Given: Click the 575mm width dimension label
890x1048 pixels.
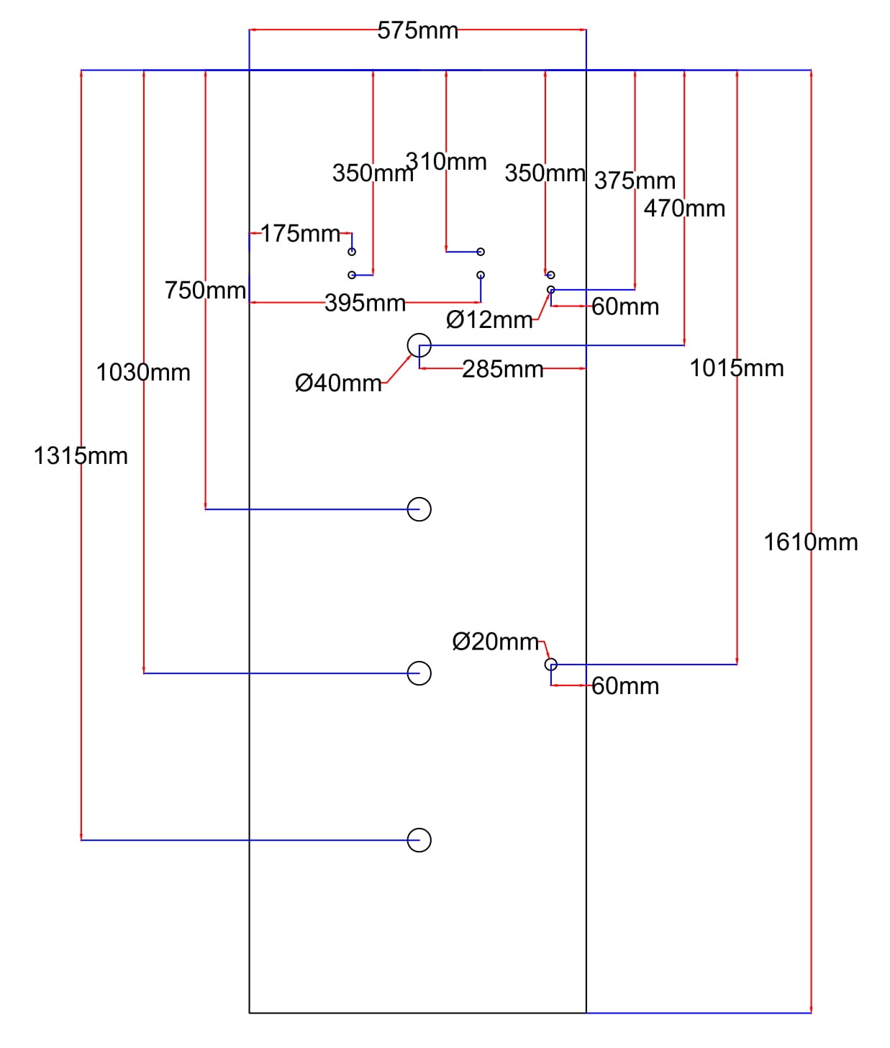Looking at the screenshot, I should click(417, 31).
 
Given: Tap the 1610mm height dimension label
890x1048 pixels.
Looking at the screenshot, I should click(810, 542).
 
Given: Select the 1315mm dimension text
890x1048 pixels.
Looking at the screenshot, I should click(81, 455).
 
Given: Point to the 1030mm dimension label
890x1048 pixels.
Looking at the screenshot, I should click(143, 373).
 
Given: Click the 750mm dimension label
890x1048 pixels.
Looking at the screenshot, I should click(205, 290).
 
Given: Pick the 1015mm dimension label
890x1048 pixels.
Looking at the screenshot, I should click(736, 368).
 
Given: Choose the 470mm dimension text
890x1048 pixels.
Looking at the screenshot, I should click(684, 209).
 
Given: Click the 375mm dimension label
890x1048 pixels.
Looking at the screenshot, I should click(634, 181).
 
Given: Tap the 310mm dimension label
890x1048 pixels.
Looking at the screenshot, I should click(446, 161).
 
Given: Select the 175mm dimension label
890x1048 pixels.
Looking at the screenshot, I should click(300, 233).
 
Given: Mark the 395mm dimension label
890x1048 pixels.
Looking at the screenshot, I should click(365, 303).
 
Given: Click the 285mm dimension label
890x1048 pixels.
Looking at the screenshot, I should click(502, 369).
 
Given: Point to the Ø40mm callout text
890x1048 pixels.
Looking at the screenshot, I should click(338, 383).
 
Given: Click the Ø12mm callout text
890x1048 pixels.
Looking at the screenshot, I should click(489, 319).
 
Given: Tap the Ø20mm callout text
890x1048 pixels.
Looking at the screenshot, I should click(495, 641).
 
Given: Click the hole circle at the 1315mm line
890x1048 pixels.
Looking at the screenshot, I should click(419, 839).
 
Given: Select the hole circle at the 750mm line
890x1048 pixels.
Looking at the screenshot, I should click(419, 509).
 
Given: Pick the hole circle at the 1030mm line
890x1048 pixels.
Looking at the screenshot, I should click(419, 673).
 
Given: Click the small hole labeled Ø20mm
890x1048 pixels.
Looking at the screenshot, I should click(550, 665).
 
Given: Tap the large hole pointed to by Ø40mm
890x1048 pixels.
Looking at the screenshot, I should click(419, 345).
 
